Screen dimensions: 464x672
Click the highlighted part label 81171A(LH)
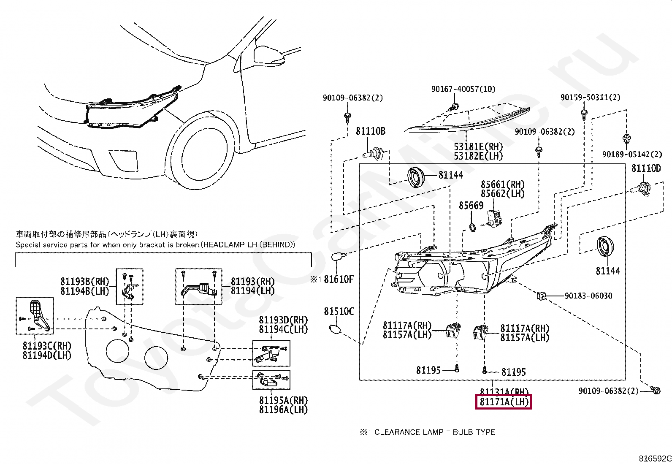[x=504, y=402]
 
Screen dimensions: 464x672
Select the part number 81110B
[x=370, y=131]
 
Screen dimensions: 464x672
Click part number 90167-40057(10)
[x=463, y=89]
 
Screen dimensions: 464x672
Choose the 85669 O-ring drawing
[x=473, y=228]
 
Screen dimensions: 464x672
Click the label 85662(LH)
[x=502, y=194]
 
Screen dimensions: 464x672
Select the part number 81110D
[x=646, y=168]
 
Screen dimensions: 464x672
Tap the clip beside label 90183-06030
[x=542, y=296]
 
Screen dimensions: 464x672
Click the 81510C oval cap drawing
[x=335, y=328]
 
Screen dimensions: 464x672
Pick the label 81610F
[x=339, y=279]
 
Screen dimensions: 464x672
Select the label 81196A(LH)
[x=283, y=409]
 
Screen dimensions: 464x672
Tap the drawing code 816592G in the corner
[x=655, y=459]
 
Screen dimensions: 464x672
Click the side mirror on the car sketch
[x=268, y=53]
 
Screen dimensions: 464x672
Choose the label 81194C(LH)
[x=283, y=329]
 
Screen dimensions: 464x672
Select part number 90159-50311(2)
[x=590, y=98]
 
